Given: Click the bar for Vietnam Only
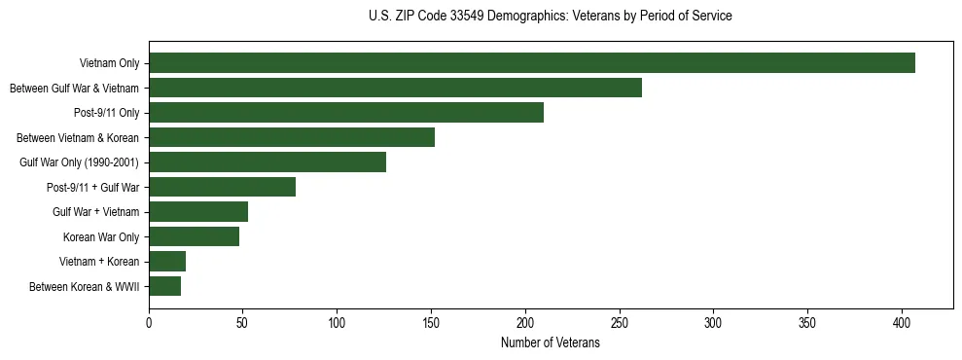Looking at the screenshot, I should (532, 63).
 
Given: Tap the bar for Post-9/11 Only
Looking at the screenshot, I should (346, 113).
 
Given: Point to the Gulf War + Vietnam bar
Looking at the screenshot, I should (198, 212).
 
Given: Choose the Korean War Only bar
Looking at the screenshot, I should (194, 236).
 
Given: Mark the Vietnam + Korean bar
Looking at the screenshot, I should (167, 262).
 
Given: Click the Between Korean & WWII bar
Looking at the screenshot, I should (164, 286).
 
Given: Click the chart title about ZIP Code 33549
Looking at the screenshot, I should (551, 17).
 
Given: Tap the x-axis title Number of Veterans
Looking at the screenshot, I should (551, 343).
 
